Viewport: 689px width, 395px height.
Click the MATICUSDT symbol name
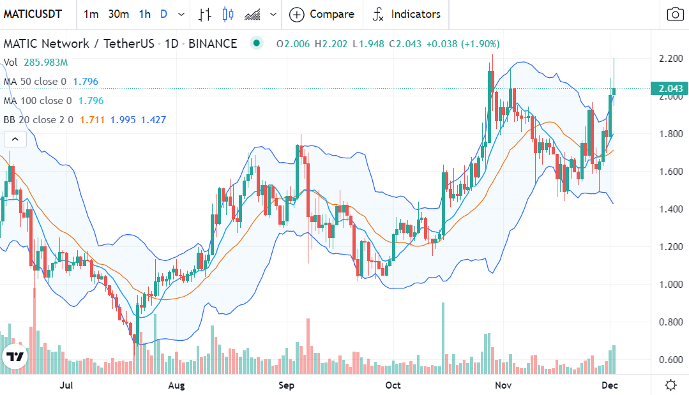(x=33, y=14)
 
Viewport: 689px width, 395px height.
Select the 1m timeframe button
(x=91, y=14)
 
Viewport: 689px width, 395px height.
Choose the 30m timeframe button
(x=119, y=14)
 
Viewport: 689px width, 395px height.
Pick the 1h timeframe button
(x=145, y=14)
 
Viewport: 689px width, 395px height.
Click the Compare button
(x=322, y=14)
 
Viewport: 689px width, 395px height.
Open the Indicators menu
(x=407, y=14)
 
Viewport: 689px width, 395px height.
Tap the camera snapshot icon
(x=674, y=14)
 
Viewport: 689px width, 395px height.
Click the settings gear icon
(x=670, y=385)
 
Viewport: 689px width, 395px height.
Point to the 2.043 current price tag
(x=669, y=89)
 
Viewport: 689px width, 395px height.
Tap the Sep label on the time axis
(x=287, y=385)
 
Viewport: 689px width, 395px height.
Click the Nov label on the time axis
(x=504, y=385)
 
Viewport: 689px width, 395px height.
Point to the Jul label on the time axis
(x=66, y=385)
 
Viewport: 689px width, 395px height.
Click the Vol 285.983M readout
(x=36, y=63)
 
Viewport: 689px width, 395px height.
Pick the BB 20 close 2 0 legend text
(x=38, y=120)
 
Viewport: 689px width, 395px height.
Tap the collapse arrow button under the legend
(x=15, y=138)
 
